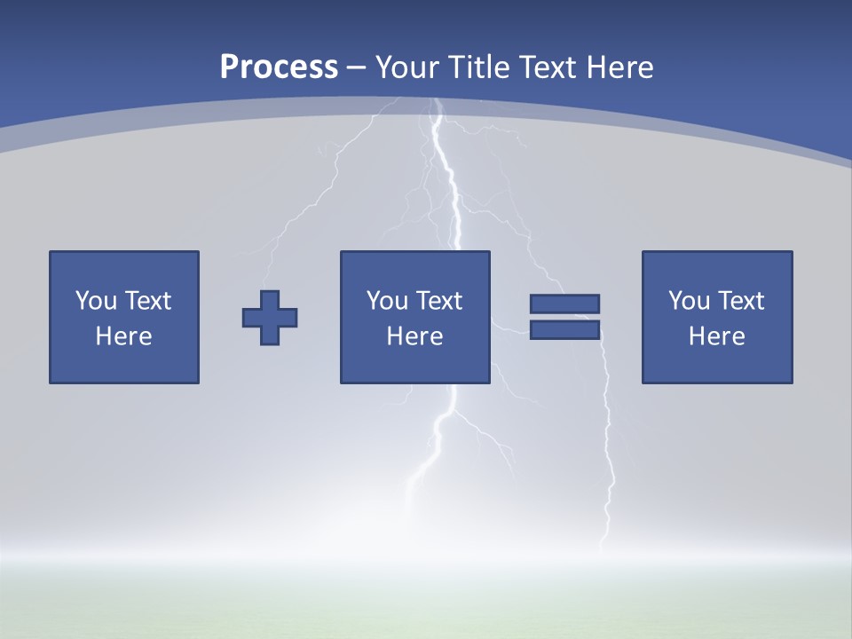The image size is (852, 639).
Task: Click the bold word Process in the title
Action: (x=279, y=67)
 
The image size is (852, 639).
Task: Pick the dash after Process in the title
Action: (x=356, y=68)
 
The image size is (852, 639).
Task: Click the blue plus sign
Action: (x=270, y=318)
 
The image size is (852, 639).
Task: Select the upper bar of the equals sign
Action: (x=564, y=304)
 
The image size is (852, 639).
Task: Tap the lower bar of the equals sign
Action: (x=564, y=330)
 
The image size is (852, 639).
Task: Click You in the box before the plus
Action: (x=96, y=301)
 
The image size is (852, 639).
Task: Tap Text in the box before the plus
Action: (x=147, y=301)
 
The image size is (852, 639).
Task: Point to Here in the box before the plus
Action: (x=124, y=336)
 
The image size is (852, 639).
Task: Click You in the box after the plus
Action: (x=387, y=301)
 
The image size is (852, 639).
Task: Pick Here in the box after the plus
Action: (x=415, y=336)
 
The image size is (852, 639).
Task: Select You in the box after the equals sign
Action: (x=689, y=301)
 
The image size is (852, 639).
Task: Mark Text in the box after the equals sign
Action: (x=740, y=301)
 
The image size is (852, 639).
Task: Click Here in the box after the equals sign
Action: (x=717, y=336)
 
